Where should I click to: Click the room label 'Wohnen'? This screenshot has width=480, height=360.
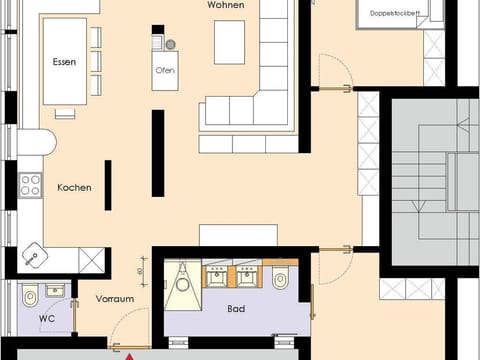pos(227,6)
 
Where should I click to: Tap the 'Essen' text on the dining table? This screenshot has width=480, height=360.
pos(64,62)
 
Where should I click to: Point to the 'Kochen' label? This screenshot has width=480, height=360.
pos(75,187)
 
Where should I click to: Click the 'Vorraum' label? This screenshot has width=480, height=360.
pos(115,297)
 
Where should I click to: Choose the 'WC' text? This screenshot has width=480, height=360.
pos(48,319)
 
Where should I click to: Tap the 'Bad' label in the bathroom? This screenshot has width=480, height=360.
pos(236,309)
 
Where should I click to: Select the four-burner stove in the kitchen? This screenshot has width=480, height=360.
pos(30,185)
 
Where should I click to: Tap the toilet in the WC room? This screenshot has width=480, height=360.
pos(30,296)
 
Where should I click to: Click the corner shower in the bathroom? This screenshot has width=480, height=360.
pos(182,281)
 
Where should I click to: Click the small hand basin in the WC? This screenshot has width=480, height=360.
pos(55,291)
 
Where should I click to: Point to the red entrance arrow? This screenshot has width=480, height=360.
pos(129,354)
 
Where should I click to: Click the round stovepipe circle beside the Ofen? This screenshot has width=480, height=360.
pos(170,45)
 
